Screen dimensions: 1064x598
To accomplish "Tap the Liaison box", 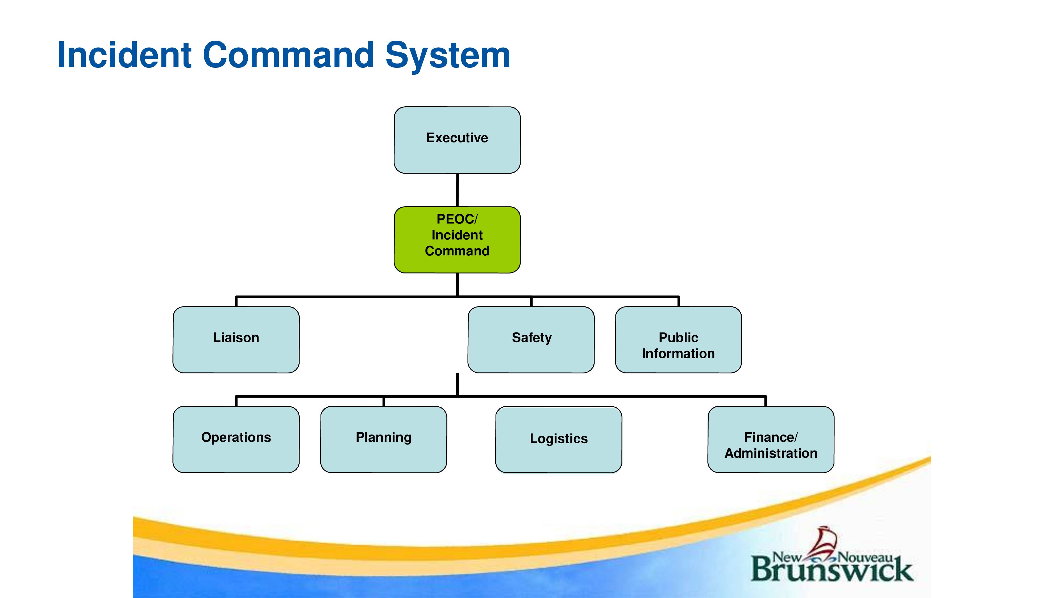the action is [x=236, y=340].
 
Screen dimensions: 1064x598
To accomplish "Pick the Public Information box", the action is [x=678, y=340].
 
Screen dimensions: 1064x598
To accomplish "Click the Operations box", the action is [x=236, y=440].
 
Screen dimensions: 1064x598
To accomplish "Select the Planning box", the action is [x=383, y=440].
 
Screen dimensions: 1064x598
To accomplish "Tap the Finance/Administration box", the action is [x=771, y=440].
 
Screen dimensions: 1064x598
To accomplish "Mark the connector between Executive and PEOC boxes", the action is [x=457, y=190].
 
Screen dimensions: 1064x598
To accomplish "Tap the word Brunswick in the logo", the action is [x=832, y=570].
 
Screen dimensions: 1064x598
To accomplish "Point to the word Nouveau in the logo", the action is [x=865, y=558].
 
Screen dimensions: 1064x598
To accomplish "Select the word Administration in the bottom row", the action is [x=771, y=453].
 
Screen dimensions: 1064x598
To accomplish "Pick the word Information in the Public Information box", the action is [x=678, y=354].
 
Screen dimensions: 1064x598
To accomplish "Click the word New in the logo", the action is [x=787, y=558].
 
